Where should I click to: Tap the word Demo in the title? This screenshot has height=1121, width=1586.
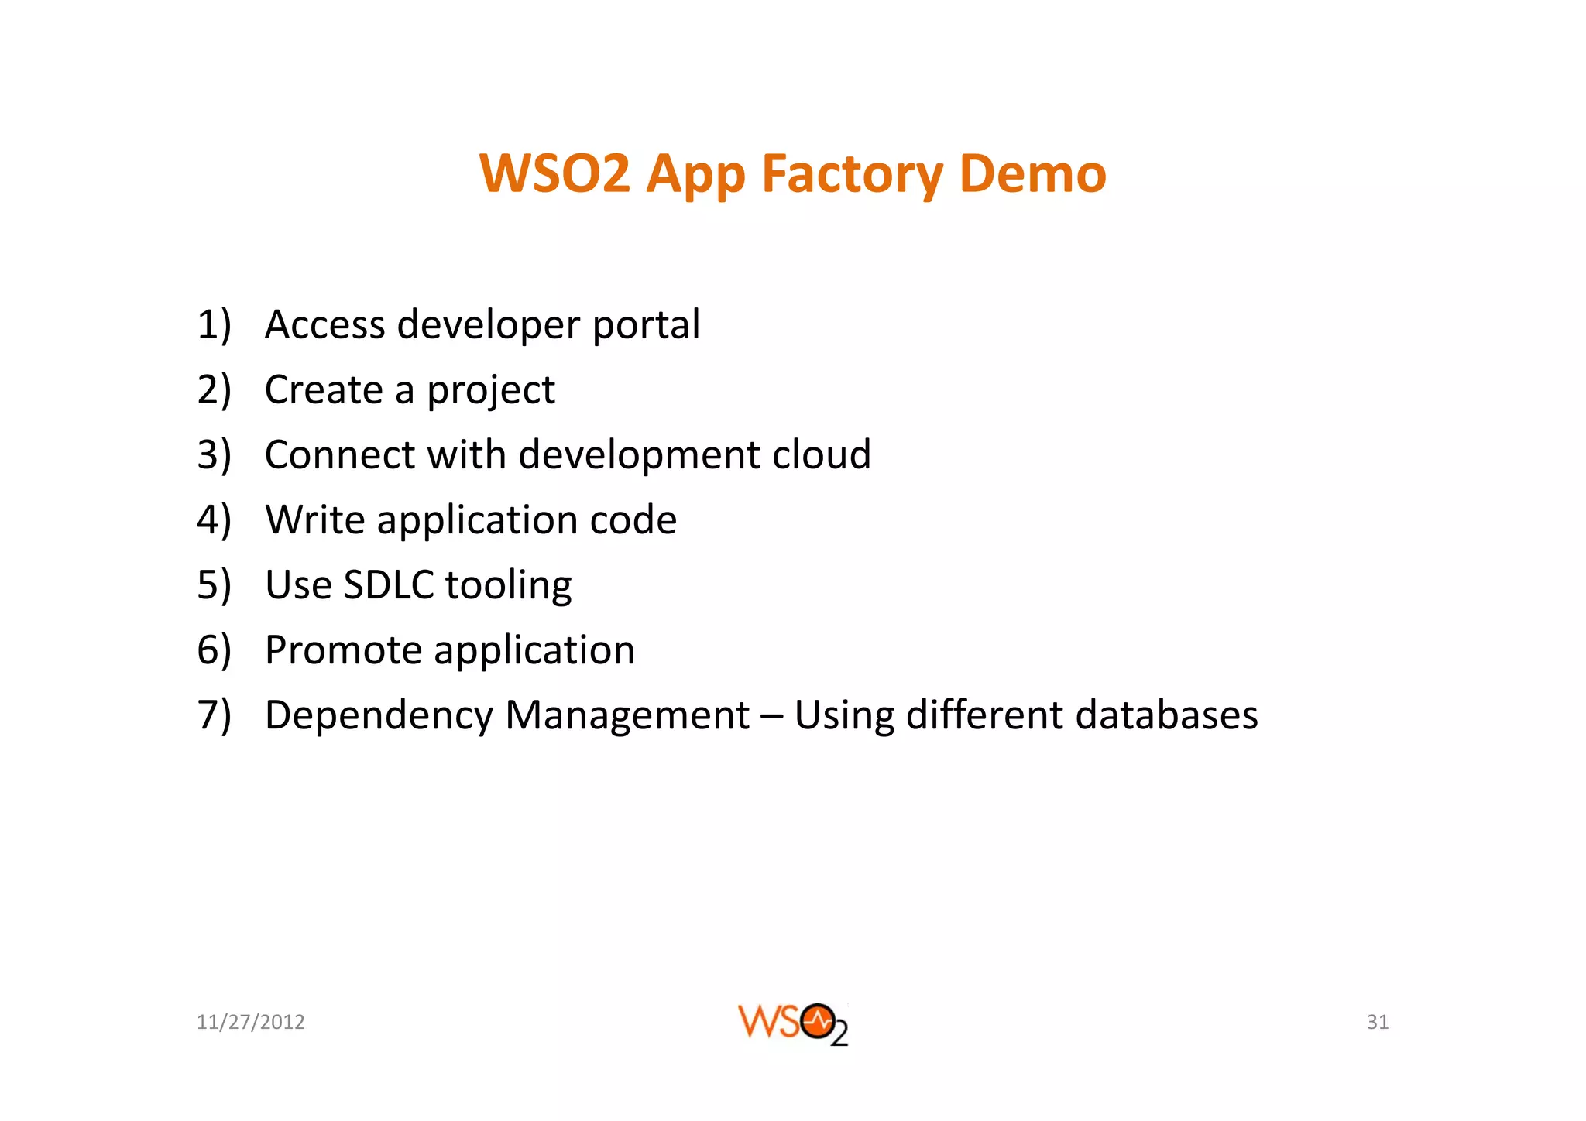1032,173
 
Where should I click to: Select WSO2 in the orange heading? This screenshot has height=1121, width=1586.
554,173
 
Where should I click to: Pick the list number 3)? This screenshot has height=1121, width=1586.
214,454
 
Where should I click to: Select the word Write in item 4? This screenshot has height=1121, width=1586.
315,519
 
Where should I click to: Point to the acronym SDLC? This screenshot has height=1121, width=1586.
388,584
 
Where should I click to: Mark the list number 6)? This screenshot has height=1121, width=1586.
214,650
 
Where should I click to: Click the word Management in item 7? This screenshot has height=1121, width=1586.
627,715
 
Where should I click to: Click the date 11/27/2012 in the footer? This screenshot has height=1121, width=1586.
250,1022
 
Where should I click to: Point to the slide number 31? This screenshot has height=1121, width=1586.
1377,1022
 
